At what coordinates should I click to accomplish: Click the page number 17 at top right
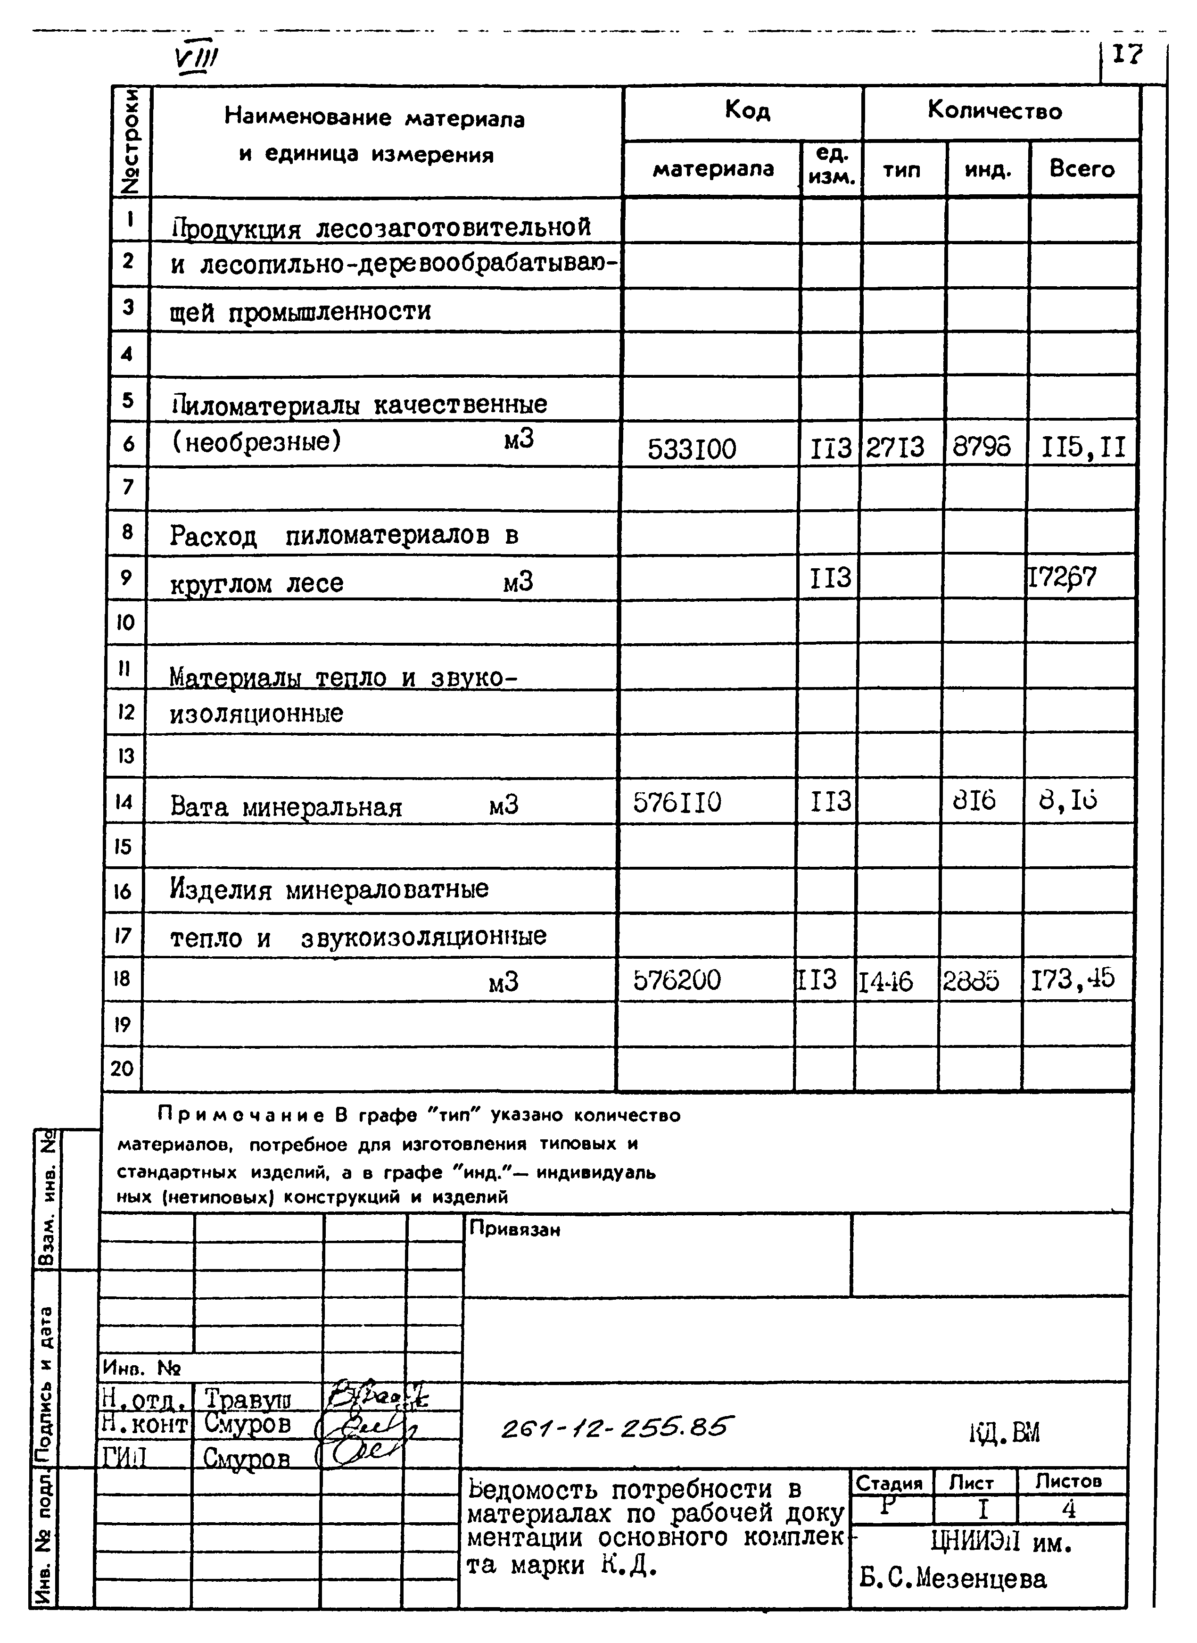[1127, 54]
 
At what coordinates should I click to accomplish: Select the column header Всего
[1082, 169]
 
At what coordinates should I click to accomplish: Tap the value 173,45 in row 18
[1073, 980]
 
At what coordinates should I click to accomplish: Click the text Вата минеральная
[286, 806]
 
